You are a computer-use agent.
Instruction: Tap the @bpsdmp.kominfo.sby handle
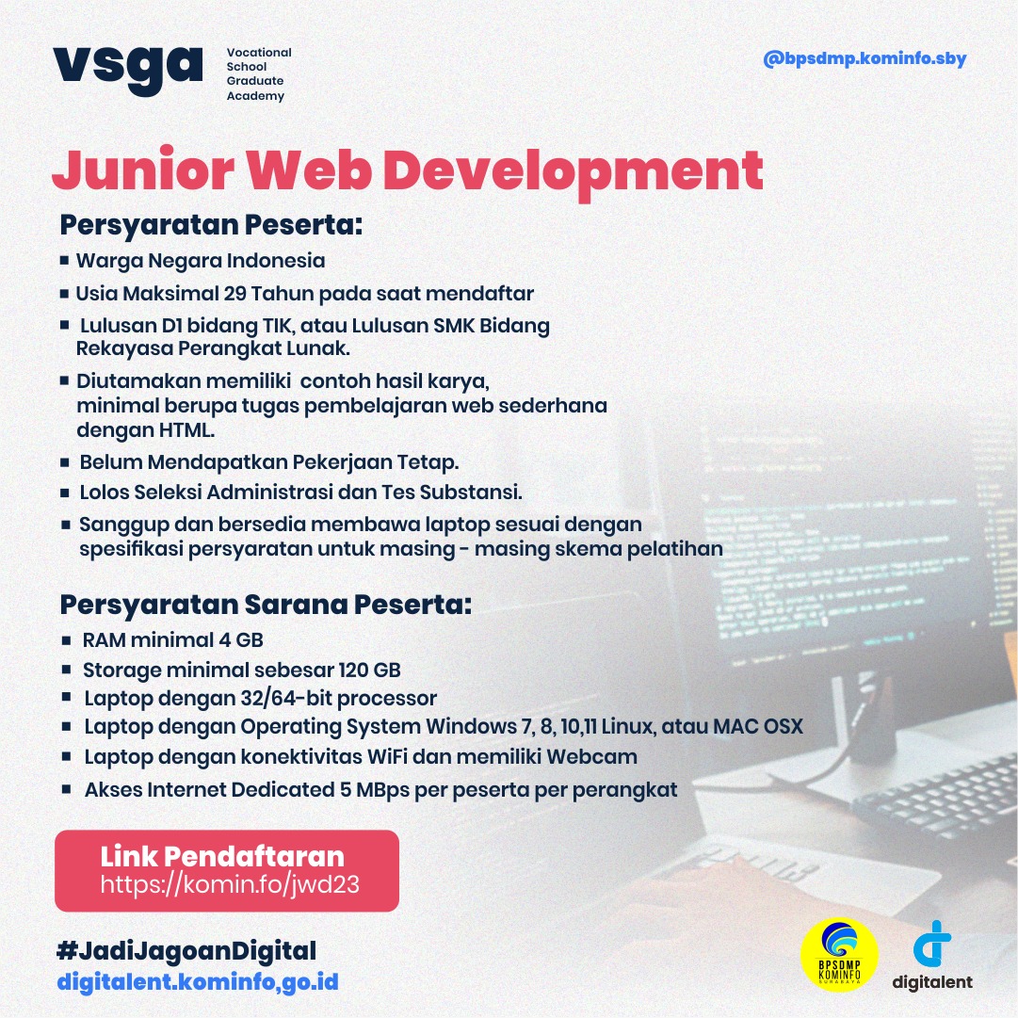point(864,59)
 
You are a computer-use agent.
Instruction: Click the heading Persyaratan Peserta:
point(211,227)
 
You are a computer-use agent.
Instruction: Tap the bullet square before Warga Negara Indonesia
point(64,261)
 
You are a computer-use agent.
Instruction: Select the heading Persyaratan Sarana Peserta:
point(266,604)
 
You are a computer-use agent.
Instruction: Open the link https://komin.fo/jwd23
point(230,885)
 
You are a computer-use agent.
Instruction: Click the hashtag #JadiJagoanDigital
point(186,950)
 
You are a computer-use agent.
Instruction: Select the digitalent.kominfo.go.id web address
point(198,982)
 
